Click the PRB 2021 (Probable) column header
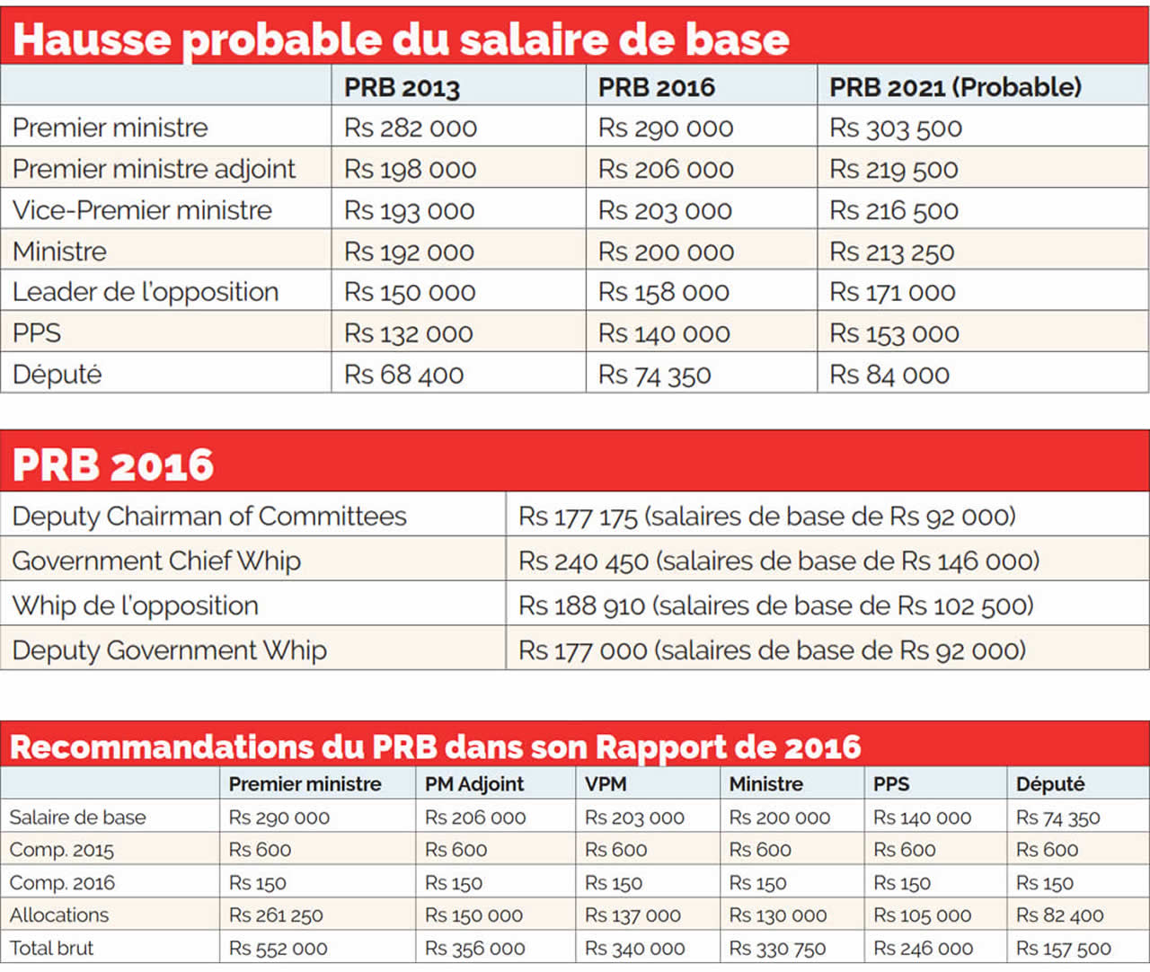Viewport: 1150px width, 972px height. [955, 87]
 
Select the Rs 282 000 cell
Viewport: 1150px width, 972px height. [410, 128]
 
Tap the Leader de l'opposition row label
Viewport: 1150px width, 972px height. [146, 292]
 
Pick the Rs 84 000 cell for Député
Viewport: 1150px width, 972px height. [889, 375]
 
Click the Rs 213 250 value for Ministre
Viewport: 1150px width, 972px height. [891, 252]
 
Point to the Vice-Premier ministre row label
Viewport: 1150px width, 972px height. [142, 210]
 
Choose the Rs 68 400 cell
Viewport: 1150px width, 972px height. [403, 375]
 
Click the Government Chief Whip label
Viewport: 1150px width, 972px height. [156, 561]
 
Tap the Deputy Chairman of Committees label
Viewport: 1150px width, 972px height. [209, 517]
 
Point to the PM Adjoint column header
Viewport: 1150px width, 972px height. [473, 784]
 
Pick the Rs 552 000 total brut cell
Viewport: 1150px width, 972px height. [278, 949]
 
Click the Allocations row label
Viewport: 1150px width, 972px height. [59, 915]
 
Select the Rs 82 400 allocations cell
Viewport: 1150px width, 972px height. [1059, 915]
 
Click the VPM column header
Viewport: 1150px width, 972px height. [605, 784]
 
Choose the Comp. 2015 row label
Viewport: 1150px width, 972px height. [61, 850]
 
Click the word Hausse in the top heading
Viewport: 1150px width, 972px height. [92, 40]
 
